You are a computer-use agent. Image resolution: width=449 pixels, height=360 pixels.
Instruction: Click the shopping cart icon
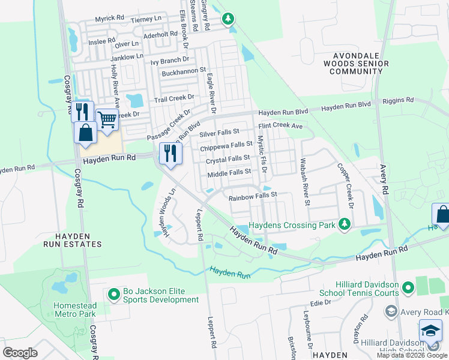107,119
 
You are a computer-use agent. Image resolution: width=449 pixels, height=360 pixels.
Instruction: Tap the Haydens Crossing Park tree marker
344,224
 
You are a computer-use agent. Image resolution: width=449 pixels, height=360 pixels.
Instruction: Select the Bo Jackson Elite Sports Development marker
113,295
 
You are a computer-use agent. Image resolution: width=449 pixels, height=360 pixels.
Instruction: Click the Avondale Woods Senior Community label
356,63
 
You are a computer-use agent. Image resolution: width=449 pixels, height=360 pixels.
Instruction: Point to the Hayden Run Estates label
72,240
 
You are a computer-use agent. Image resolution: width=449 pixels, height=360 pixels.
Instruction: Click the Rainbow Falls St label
252,195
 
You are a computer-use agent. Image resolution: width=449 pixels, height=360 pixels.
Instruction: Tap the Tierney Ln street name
146,19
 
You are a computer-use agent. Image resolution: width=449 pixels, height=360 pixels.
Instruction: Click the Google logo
20,353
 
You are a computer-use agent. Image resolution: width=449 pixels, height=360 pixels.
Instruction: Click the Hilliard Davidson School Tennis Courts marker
408,289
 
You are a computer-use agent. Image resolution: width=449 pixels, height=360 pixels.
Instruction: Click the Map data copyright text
412,355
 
